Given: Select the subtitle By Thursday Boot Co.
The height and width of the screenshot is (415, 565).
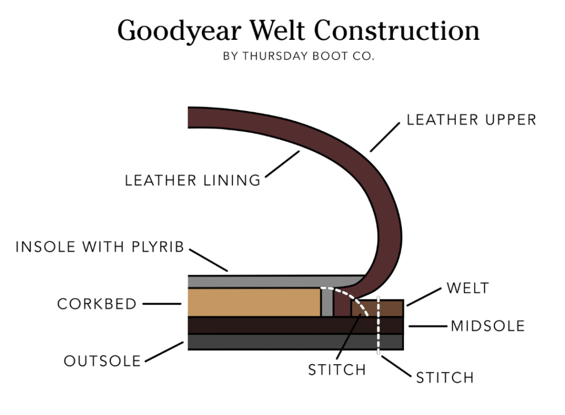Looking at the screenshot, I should pyautogui.click(x=299, y=56).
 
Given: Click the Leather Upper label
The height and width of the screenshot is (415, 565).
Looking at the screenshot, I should pyautogui.click(x=471, y=120).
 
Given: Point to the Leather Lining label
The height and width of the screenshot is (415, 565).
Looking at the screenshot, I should pyautogui.click(x=193, y=180).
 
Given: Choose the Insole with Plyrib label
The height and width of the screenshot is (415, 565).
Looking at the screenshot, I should pyautogui.click(x=99, y=247).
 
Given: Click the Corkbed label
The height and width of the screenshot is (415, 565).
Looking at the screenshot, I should pyautogui.click(x=97, y=304).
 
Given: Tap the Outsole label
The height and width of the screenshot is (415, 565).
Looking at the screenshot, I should pyautogui.click(x=103, y=361).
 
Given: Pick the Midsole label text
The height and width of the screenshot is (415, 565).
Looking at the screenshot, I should pyautogui.click(x=488, y=326).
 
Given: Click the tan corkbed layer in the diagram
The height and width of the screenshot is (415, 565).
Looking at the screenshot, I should pyautogui.click(x=254, y=302).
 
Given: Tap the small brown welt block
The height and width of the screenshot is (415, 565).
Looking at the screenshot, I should pyautogui.click(x=392, y=308).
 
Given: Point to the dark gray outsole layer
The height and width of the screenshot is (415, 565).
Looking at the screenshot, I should pyautogui.click(x=276, y=342).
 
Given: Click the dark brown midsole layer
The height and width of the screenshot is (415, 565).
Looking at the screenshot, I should pyautogui.click(x=276, y=325).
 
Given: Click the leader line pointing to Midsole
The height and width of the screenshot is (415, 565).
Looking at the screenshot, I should pyautogui.click(x=428, y=326).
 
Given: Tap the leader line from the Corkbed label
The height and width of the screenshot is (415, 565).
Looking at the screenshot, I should pyautogui.click(x=162, y=303).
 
